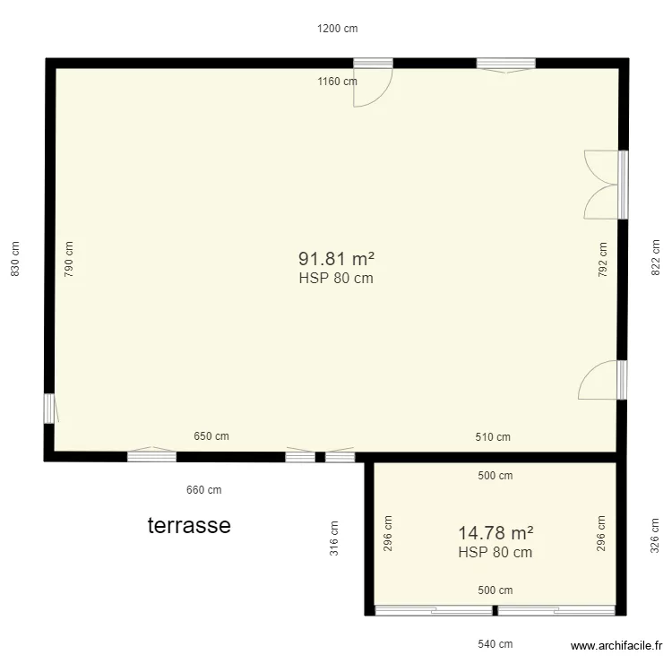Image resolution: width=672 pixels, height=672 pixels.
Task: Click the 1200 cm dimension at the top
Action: pyautogui.click(x=337, y=29)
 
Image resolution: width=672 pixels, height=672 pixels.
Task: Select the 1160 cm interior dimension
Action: pyautogui.click(x=337, y=82)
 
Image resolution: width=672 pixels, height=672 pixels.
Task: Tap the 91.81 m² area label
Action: pyautogui.click(x=336, y=259)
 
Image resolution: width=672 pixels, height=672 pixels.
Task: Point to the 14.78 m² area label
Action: pyautogui.click(x=495, y=533)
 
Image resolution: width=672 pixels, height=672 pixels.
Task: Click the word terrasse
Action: pyautogui.click(x=189, y=525)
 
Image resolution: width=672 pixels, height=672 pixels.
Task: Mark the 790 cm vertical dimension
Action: pyautogui.click(x=70, y=259)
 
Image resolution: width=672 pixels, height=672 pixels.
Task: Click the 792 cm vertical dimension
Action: pyautogui.click(x=602, y=259)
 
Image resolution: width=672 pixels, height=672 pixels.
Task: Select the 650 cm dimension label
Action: pyautogui.click(x=211, y=437)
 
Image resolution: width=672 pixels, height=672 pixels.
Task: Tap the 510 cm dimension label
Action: pyautogui.click(x=493, y=437)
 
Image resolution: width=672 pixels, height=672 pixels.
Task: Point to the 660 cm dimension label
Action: pyautogui.click(x=203, y=490)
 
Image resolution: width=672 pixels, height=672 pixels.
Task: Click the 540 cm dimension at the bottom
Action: pyautogui.click(x=495, y=644)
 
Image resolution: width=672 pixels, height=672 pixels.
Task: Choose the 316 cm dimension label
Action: pyautogui.click(x=333, y=538)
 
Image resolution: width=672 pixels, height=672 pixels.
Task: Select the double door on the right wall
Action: pyautogui.click(x=603, y=185)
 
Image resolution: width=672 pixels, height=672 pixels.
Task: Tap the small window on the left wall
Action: pyautogui.click(x=49, y=408)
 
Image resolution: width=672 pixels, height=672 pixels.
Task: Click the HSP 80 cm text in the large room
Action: pyautogui.click(x=336, y=279)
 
